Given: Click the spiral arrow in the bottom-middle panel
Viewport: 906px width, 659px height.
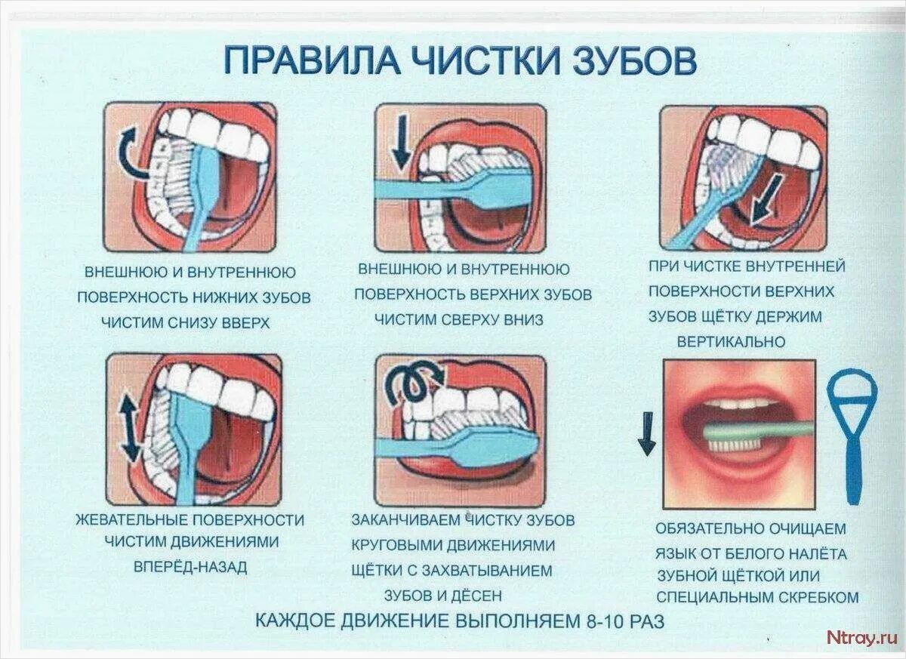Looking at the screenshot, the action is point(412,383).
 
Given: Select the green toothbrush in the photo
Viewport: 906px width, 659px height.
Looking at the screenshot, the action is point(755,433).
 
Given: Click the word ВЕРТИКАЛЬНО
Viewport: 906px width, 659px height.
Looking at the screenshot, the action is point(731,342).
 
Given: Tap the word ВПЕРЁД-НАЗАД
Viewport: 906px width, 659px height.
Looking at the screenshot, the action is point(190,567).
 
